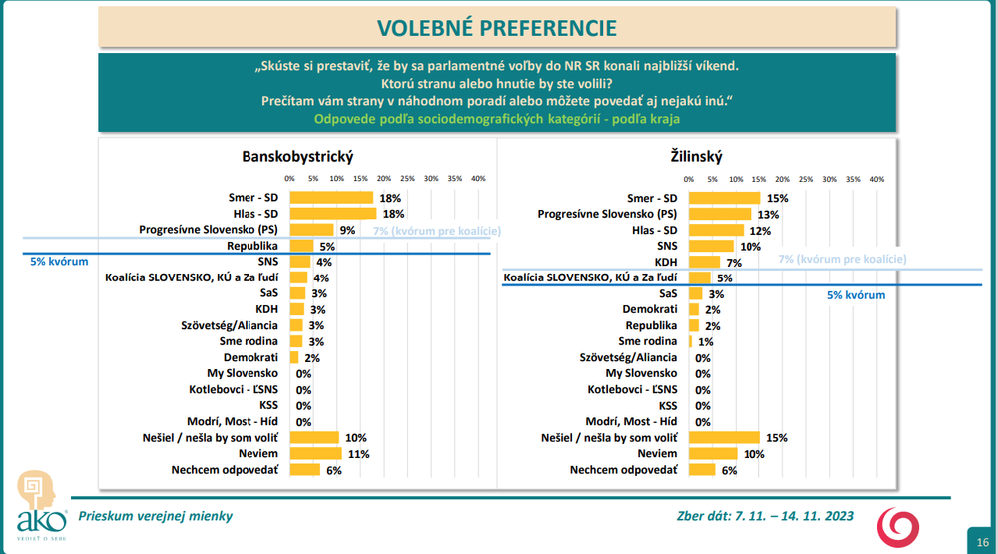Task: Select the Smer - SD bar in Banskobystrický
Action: (331, 198)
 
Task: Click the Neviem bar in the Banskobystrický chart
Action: (315, 453)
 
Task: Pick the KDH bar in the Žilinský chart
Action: (705, 262)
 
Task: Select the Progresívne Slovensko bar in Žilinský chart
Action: (721, 214)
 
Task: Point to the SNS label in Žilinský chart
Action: (668, 246)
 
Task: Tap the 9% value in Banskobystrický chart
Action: (348, 230)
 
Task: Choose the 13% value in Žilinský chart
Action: (767, 214)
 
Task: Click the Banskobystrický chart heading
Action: (297, 156)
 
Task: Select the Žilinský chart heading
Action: (696, 156)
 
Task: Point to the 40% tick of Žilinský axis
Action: (877, 179)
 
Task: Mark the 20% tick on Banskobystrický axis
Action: (383, 179)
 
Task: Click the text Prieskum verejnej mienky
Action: (155, 515)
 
